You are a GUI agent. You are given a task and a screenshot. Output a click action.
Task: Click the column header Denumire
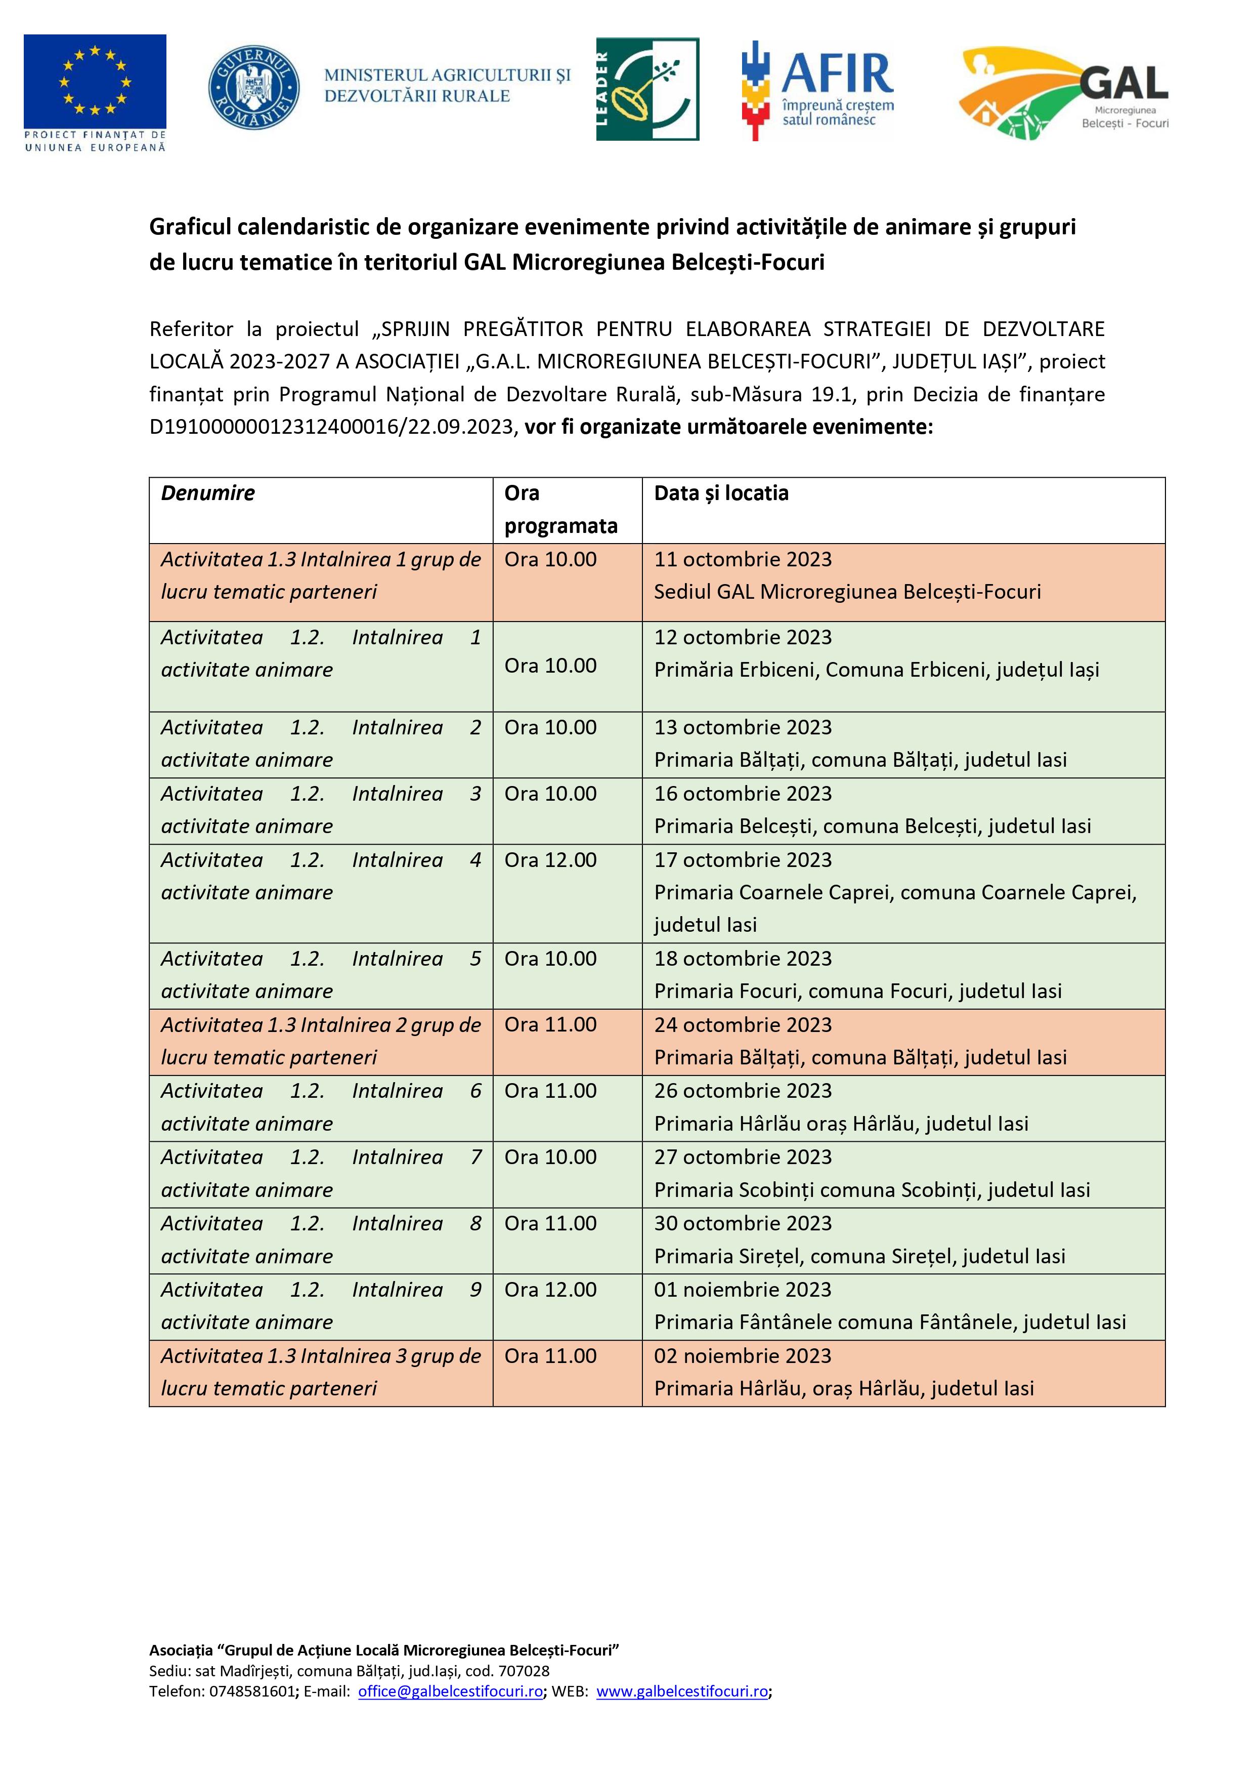pos(208,493)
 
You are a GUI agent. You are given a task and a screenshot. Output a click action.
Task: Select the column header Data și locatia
pos(721,493)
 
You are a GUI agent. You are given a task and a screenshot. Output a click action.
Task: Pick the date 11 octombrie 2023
pos(743,559)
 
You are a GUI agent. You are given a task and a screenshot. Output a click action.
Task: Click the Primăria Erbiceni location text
pos(876,670)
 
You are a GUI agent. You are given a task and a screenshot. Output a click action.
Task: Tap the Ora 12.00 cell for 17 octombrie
pos(550,860)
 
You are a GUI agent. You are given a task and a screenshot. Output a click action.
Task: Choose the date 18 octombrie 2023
pos(743,959)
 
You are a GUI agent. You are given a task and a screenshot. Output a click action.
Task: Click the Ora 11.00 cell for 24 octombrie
pos(550,1025)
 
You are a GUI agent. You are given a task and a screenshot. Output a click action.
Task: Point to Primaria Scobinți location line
pos(872,1190)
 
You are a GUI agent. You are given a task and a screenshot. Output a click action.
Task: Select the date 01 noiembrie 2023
pos(743,1290)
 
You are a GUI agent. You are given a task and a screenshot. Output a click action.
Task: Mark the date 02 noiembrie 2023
pos(743,1356)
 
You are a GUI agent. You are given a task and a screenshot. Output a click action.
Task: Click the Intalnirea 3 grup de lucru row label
pos(320,1372)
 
